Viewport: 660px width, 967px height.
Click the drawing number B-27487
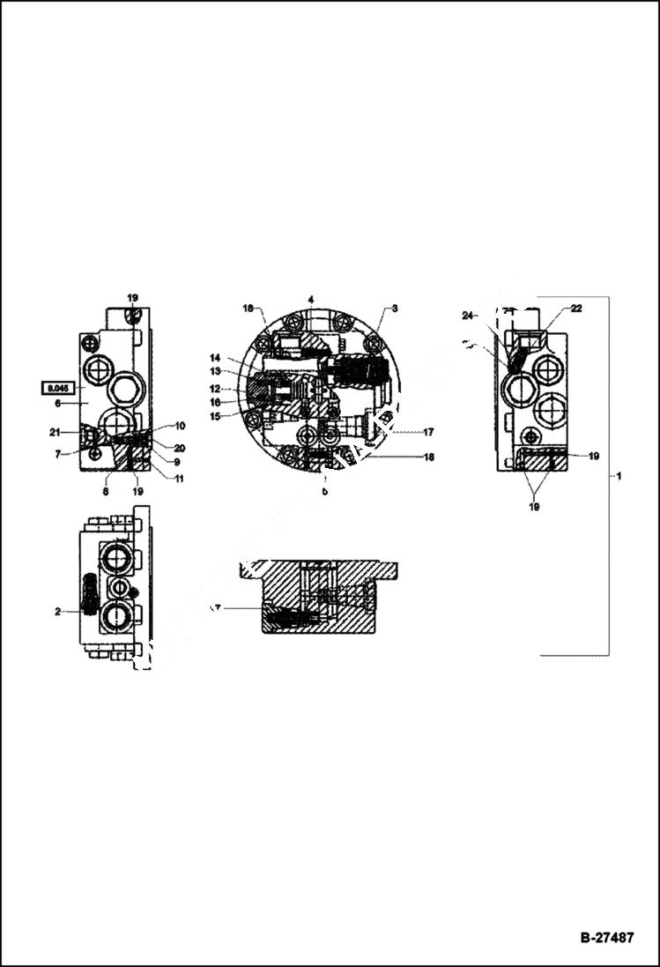(x=606, y=937)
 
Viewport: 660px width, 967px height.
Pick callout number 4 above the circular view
(x=311, y=301)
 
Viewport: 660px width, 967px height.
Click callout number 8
(x=106, y=492)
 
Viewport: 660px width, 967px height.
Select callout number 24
(x=467, y=315)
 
